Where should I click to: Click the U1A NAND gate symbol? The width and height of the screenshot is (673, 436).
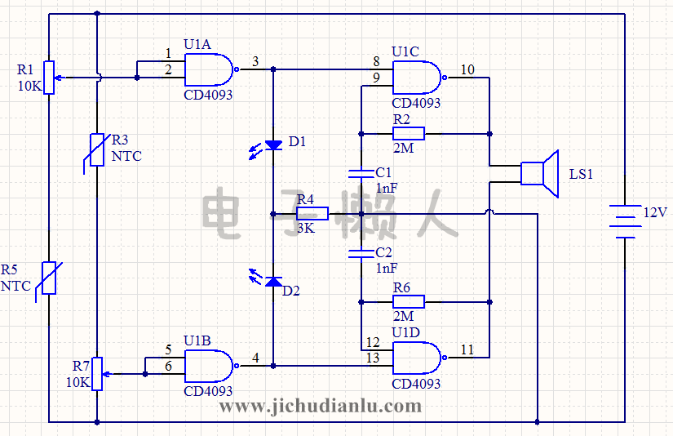tap(209, 70)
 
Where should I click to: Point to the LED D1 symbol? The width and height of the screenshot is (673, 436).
tap(273, 145)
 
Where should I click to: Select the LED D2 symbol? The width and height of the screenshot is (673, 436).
tap(273, 282)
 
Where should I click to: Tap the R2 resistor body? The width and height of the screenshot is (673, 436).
tap(408, 133)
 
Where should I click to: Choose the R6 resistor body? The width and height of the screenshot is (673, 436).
tap(408, 301)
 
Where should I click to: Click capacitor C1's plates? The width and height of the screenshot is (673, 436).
tap(360, 173)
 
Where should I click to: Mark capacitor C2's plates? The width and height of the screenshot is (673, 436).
tap(360, 253)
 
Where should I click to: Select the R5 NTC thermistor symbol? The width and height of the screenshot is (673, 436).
tap(49, 279)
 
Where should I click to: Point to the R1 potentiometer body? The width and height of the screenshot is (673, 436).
tap(49, 78)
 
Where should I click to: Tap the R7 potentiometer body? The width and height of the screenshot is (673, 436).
tap(97, 373)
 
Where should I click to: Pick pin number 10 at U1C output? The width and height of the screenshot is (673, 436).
tap(467, 69)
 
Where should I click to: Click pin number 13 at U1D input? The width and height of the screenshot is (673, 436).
tap(373, 358)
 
